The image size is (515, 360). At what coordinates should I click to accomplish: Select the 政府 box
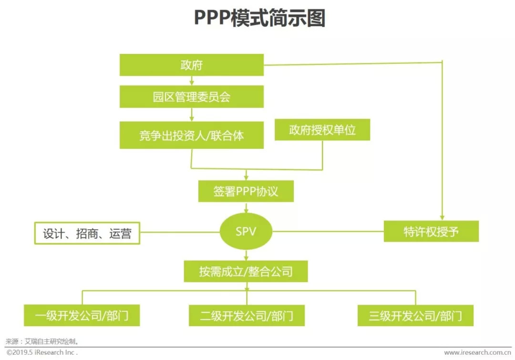tap(191, 65)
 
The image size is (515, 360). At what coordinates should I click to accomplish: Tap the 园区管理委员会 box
tap(191, 97)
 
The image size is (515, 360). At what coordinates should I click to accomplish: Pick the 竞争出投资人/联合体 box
tap(191, 135)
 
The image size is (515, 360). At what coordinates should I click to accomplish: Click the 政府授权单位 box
tap(322, 130)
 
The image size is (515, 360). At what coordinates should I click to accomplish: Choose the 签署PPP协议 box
tap(246, 192)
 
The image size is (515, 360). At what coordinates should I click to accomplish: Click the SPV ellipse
tap(246, 232)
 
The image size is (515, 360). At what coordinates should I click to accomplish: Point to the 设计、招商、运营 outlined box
tap(87, 233)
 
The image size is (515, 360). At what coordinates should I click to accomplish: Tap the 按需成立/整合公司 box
tap(246, 272)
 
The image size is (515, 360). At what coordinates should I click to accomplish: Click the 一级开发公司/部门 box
tap(82, 315)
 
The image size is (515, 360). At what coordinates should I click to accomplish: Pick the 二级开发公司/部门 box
tap(247, 315)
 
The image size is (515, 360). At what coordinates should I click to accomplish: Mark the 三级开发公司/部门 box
tap(415, 315)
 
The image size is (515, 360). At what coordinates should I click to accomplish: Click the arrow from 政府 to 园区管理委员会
tap(191, 81)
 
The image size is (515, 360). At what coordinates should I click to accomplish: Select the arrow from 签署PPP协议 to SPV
tap(246, 207)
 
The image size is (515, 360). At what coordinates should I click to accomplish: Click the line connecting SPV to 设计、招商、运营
tap(180, 232)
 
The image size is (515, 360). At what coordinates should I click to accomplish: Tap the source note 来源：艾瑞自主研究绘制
tap(42, 341)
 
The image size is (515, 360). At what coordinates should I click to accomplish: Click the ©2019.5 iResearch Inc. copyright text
tap(42, 352)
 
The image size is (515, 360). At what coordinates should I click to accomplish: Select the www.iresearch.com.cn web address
tap(477, 352)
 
